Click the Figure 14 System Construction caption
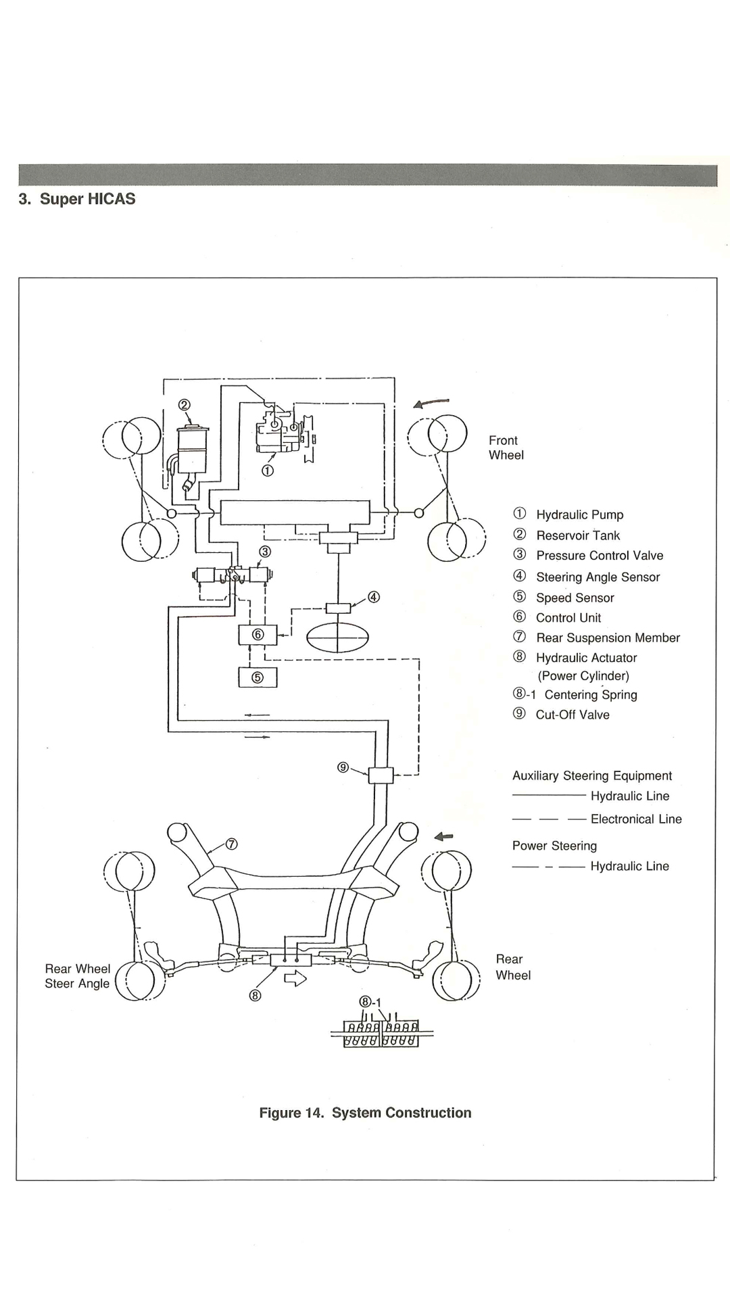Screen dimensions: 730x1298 (365, 1113)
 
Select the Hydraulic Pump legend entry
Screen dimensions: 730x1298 (568, 514)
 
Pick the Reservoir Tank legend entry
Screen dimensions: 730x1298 (566, 535)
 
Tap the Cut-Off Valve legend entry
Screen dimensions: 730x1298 (561, 715)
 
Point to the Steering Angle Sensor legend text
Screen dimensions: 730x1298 (586, 577)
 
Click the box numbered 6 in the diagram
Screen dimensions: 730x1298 (258, 635)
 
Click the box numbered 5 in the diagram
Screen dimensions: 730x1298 (258, 677)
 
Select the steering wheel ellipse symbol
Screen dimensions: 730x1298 (338, 637)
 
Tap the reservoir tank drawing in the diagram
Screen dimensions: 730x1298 (192, 457)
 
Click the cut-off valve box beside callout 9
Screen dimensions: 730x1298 (381, 775)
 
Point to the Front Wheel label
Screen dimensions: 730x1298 (506, 448)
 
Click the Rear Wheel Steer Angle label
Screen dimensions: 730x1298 (77, 976)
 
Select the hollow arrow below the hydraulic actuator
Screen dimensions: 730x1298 (296, 978)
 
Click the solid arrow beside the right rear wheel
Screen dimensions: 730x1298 (443, 837)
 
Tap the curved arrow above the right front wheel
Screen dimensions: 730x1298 (431, 403)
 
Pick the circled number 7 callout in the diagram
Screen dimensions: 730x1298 (231, 844)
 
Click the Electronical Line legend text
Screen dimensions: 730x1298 (636, 819)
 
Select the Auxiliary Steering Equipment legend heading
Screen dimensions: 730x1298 (592, 776)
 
